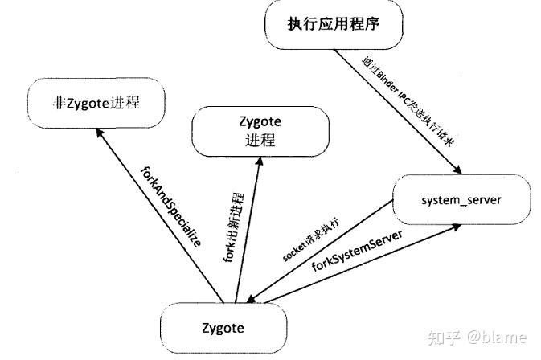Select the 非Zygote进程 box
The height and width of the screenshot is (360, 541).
[96, 102]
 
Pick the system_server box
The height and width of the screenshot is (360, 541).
[462, 197]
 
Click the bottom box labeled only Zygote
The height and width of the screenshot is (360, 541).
[223, 327]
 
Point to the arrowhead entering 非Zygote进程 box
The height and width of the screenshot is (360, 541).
[100, 139]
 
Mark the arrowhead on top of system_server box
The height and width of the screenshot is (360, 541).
[457, 169]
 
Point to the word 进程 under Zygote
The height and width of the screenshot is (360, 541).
[259, 141]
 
